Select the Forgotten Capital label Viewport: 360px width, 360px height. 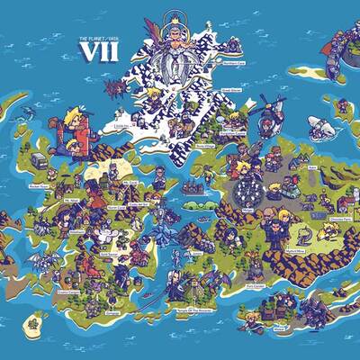tap(231, 90)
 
